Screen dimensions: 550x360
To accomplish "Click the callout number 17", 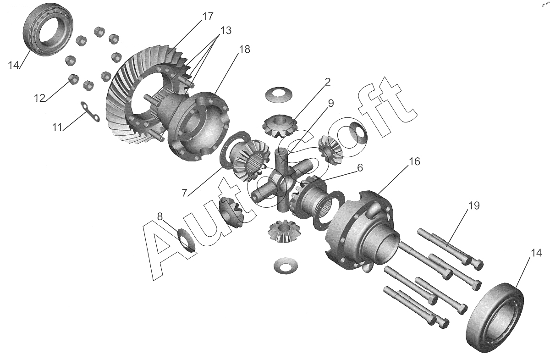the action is (208, 17).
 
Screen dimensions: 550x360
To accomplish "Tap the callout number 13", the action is (225, 30).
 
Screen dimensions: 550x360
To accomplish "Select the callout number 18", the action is (244, 49).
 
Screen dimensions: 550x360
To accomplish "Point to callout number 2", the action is (328, 82).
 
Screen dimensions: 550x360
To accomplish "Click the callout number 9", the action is (331, 103).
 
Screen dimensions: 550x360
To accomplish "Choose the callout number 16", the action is (185, 193).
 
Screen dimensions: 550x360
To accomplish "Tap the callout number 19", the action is (160, 216).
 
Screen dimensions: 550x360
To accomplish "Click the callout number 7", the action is (414, 161).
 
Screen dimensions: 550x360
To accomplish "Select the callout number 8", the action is (474, 205).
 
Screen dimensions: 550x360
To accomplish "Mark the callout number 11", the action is (57, 127).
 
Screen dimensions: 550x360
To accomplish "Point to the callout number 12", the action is (40, 98).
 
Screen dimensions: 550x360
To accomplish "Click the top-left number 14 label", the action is (13, 65).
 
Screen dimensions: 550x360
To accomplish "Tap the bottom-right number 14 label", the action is (536, 253).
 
